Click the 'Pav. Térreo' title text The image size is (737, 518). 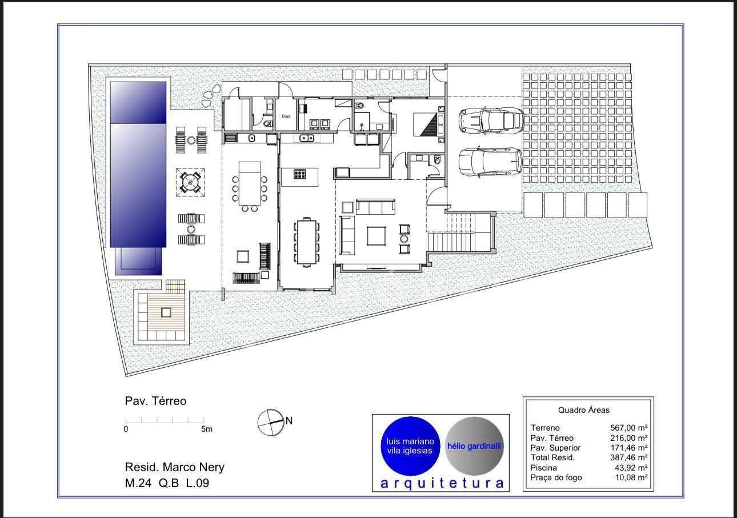tap(155, 401)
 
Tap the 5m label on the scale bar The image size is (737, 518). tap(207, 429)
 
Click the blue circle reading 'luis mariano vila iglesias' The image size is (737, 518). tap(410, 446)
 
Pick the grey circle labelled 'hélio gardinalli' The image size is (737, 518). tap(474, 446)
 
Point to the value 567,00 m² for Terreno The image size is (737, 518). tap(629, 428)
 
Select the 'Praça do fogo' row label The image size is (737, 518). tap(556, 477)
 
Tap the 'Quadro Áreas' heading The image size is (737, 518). tap(584, 410)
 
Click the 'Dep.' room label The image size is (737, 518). tap(286, 116)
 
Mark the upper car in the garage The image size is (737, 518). tap(491, 121)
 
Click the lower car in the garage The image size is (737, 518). tap(490, 162)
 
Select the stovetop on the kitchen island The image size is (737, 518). tap(300, 174)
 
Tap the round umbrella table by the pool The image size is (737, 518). tap(190, 182)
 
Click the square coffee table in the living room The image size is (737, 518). tap(376, 236)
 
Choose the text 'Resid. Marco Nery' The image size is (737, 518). tap(174, 467)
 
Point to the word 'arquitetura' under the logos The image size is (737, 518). tap(442, 483)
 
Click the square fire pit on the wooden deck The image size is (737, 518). tap(166, 312)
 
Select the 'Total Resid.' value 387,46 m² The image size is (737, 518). tap(629, 457)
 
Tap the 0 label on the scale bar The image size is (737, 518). tap(126, 429)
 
